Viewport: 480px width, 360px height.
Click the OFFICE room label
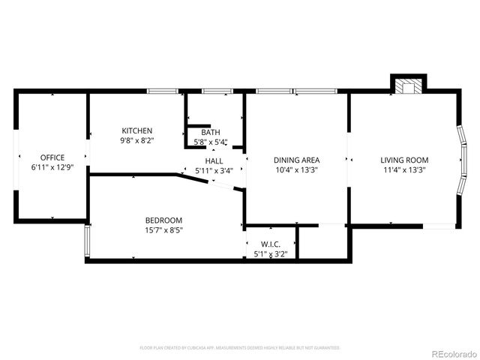tap(52, 157)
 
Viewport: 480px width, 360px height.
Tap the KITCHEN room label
tap(136, 130)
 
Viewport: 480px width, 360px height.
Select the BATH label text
tap(210, 133)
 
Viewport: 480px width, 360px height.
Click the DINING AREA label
tap(296, 160)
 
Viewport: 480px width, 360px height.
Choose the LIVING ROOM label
tap(404, 160)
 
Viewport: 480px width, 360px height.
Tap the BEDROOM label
tap(163, 220)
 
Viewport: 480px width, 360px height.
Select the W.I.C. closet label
tap(271, 244)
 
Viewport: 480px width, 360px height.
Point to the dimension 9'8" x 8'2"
tap(136, 139)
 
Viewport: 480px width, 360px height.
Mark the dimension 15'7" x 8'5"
tap(163, 229)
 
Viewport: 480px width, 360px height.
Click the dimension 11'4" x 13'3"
tap(404, 169)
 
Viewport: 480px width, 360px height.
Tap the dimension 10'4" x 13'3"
tap(296, 169)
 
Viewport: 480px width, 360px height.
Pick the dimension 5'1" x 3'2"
tap(271, 253)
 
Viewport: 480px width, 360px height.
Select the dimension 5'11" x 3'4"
tap(214, 170)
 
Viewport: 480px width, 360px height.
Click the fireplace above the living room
tap(409, 85)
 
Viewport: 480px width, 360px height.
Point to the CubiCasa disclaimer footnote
tap(240, 348)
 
